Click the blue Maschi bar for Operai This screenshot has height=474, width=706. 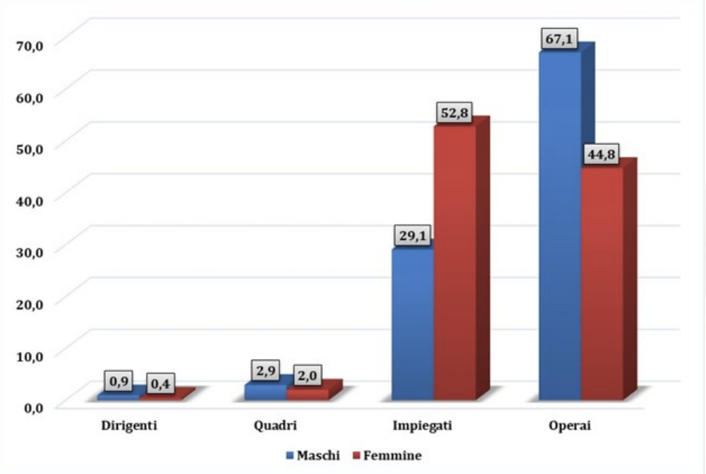click(559, 224)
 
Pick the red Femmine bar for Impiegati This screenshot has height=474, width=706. click(454, 263)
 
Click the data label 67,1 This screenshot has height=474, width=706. click(559, 39)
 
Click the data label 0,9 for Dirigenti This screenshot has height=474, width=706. click(117, 382)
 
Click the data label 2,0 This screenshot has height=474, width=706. click(307, 376)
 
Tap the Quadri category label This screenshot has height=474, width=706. click(276, 426)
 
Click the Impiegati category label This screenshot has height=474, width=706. click(423, 426)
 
